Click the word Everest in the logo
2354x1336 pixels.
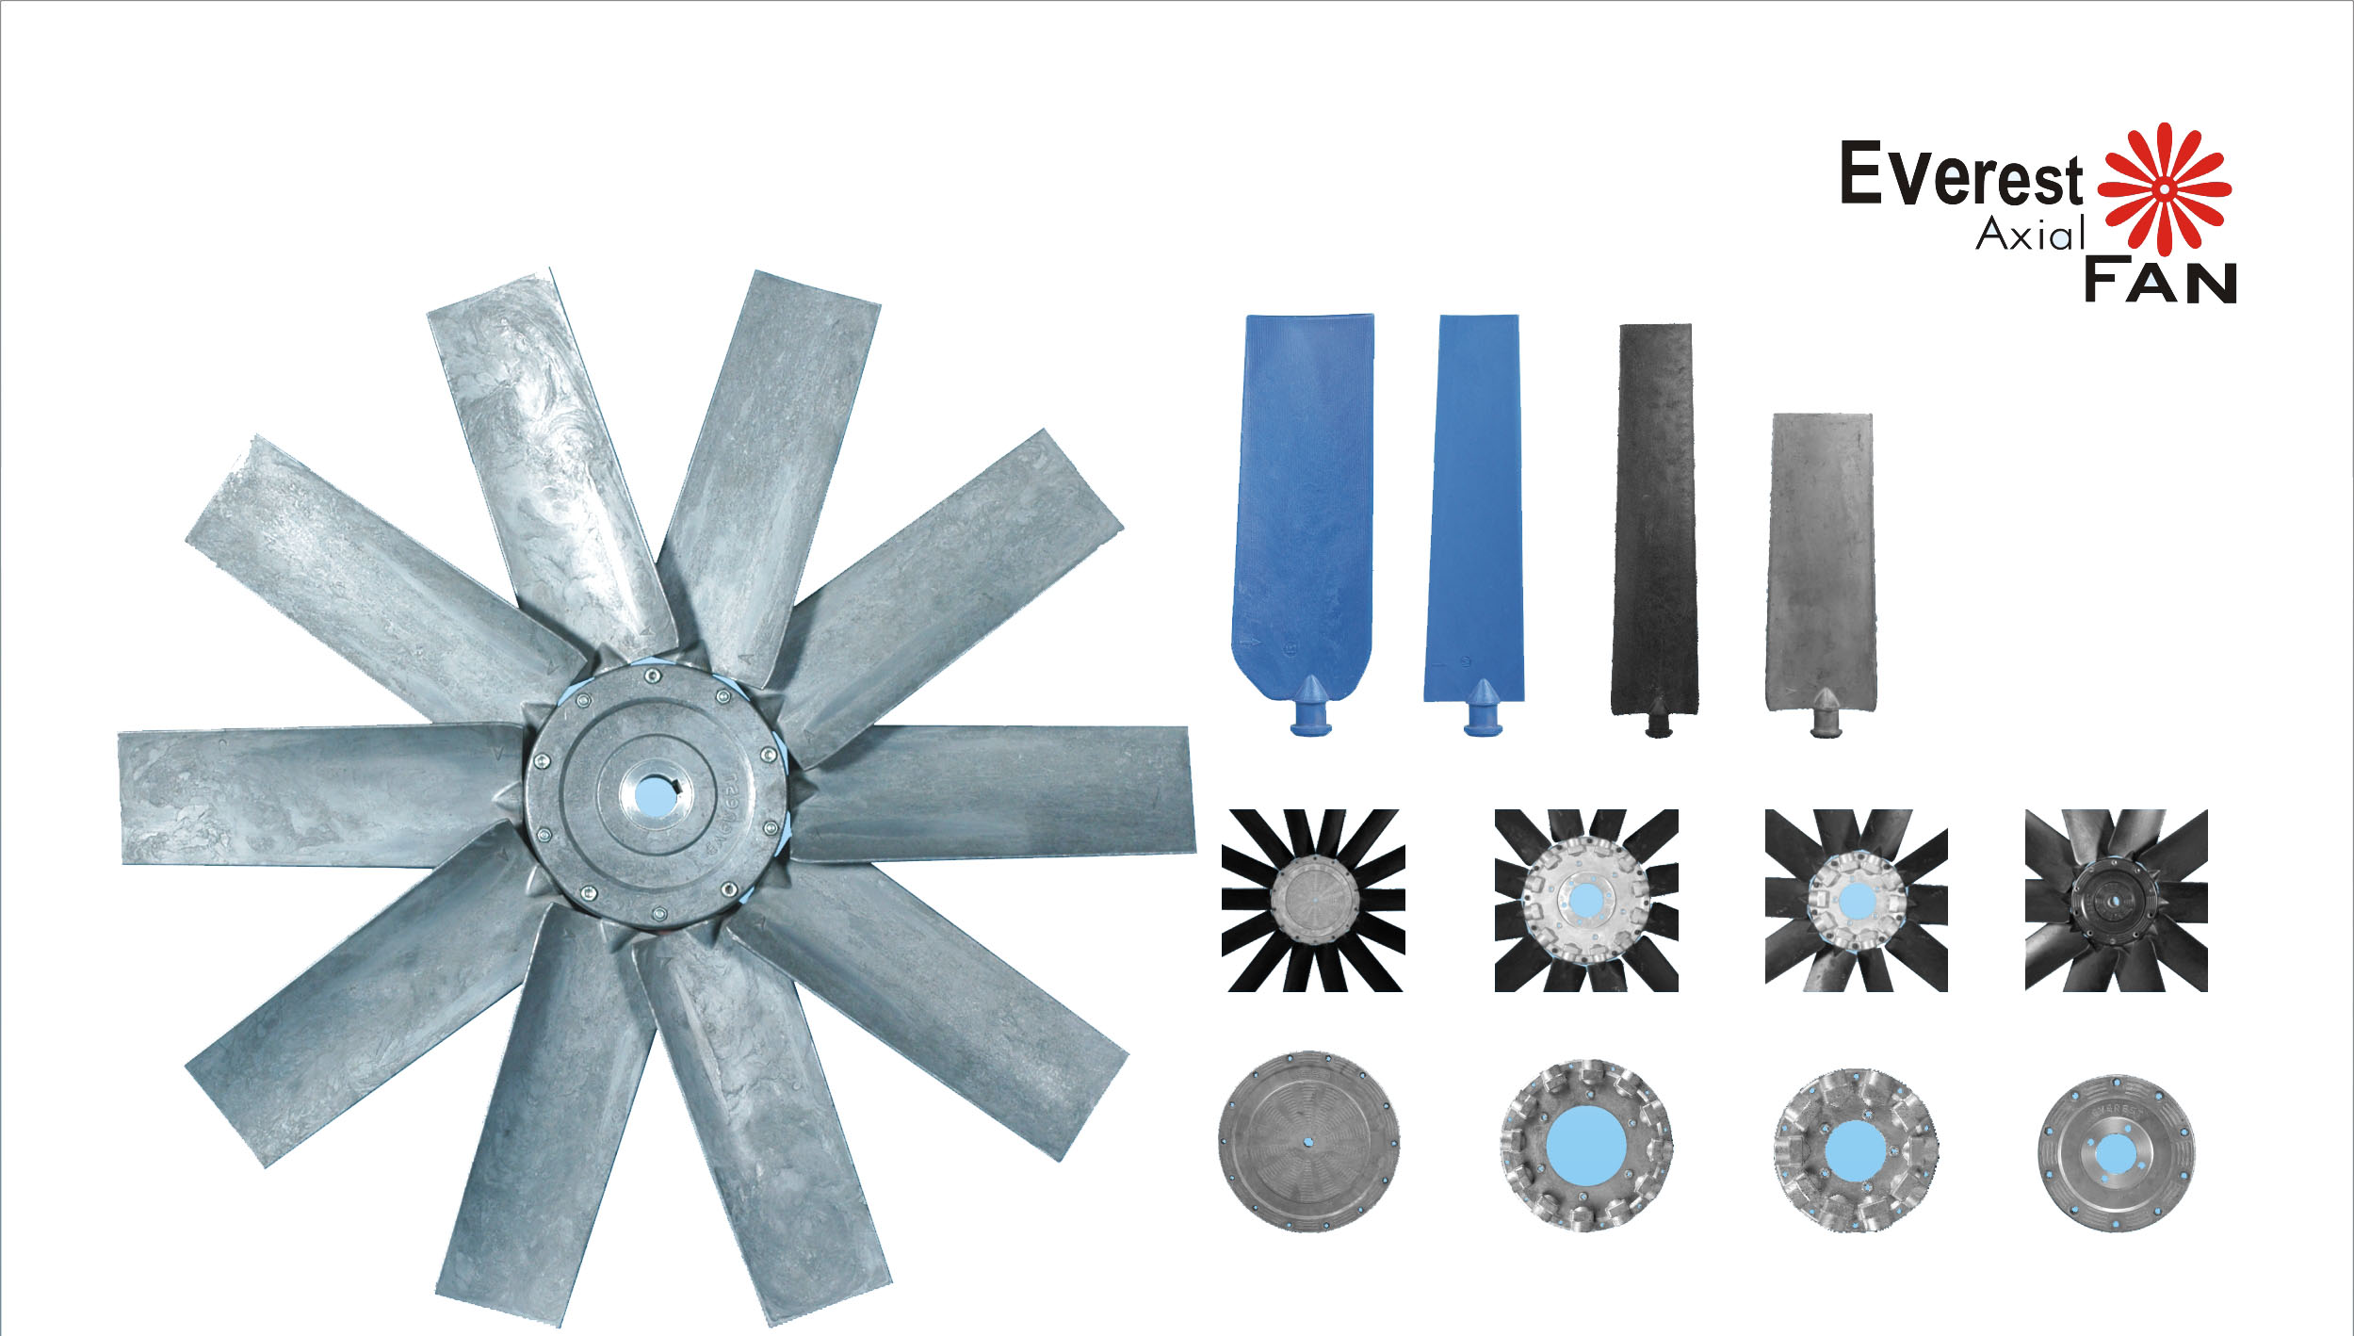pos(1961,174)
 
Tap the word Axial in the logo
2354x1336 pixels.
pos(2030,234)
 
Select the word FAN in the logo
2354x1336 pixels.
pos(2160,280)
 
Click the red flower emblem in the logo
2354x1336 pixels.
pos(2165,188)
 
